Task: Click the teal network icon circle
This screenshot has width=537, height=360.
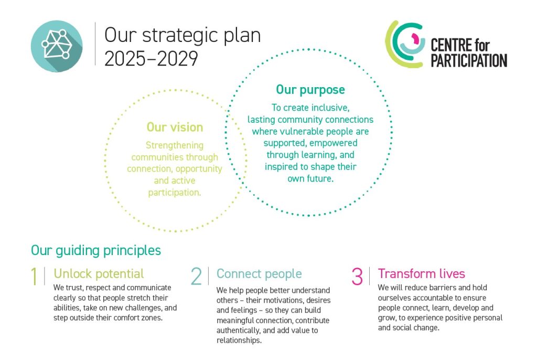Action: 57,46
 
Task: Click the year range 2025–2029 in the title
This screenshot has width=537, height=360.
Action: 151,58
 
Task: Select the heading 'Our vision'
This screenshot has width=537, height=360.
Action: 175,127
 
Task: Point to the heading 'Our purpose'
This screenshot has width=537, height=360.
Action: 310,90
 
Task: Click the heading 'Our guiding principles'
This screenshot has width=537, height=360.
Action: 96,250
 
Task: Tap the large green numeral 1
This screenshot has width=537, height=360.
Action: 34,276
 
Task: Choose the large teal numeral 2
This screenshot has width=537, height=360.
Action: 196,276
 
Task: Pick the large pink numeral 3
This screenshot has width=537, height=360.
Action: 357,276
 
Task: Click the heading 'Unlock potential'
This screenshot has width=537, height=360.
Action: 99,273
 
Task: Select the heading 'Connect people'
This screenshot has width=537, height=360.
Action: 259,273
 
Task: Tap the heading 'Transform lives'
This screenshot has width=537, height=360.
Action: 421,273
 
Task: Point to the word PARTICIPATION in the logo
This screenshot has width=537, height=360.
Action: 469,60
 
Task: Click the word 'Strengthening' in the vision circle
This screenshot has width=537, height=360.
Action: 175,145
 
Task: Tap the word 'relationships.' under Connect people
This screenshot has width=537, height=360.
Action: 239,341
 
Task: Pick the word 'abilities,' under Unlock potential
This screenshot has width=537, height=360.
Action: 67,308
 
